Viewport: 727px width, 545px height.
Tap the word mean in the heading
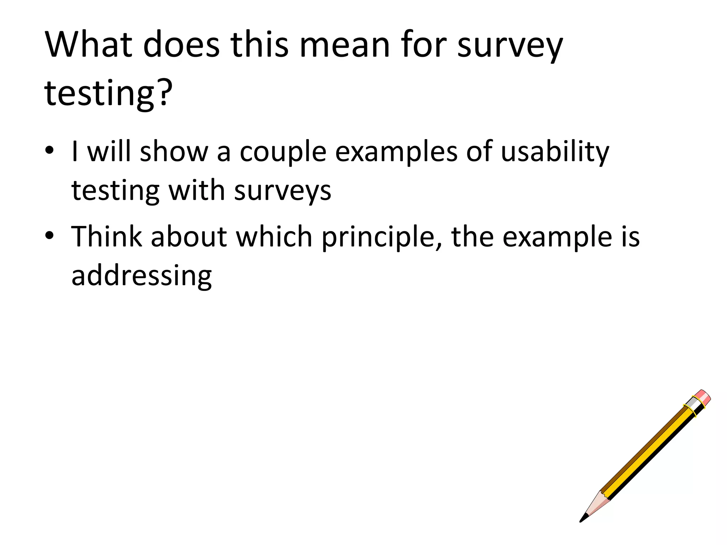(x=345, y=45)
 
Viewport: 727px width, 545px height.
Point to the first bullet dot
(x=49, y=150)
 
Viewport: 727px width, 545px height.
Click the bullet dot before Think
(x=49, y=235)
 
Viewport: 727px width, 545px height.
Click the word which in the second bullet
(x=274, y=236)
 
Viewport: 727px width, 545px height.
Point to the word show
(x=174, y=152)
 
